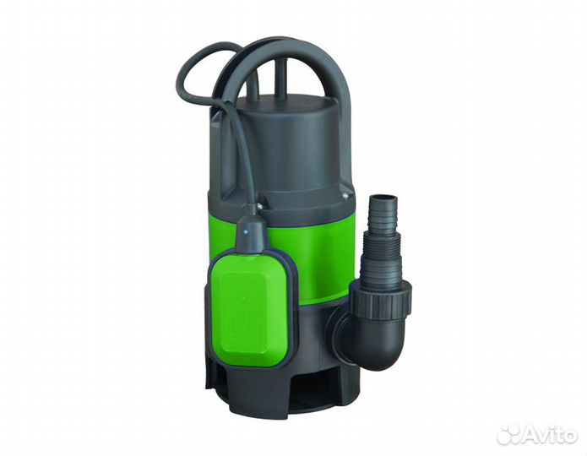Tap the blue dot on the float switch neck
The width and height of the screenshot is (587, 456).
[x=246, y=232]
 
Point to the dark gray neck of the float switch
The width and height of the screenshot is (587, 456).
[x=252, y=235]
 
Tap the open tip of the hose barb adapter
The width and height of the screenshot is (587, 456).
[x=383, y=197]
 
